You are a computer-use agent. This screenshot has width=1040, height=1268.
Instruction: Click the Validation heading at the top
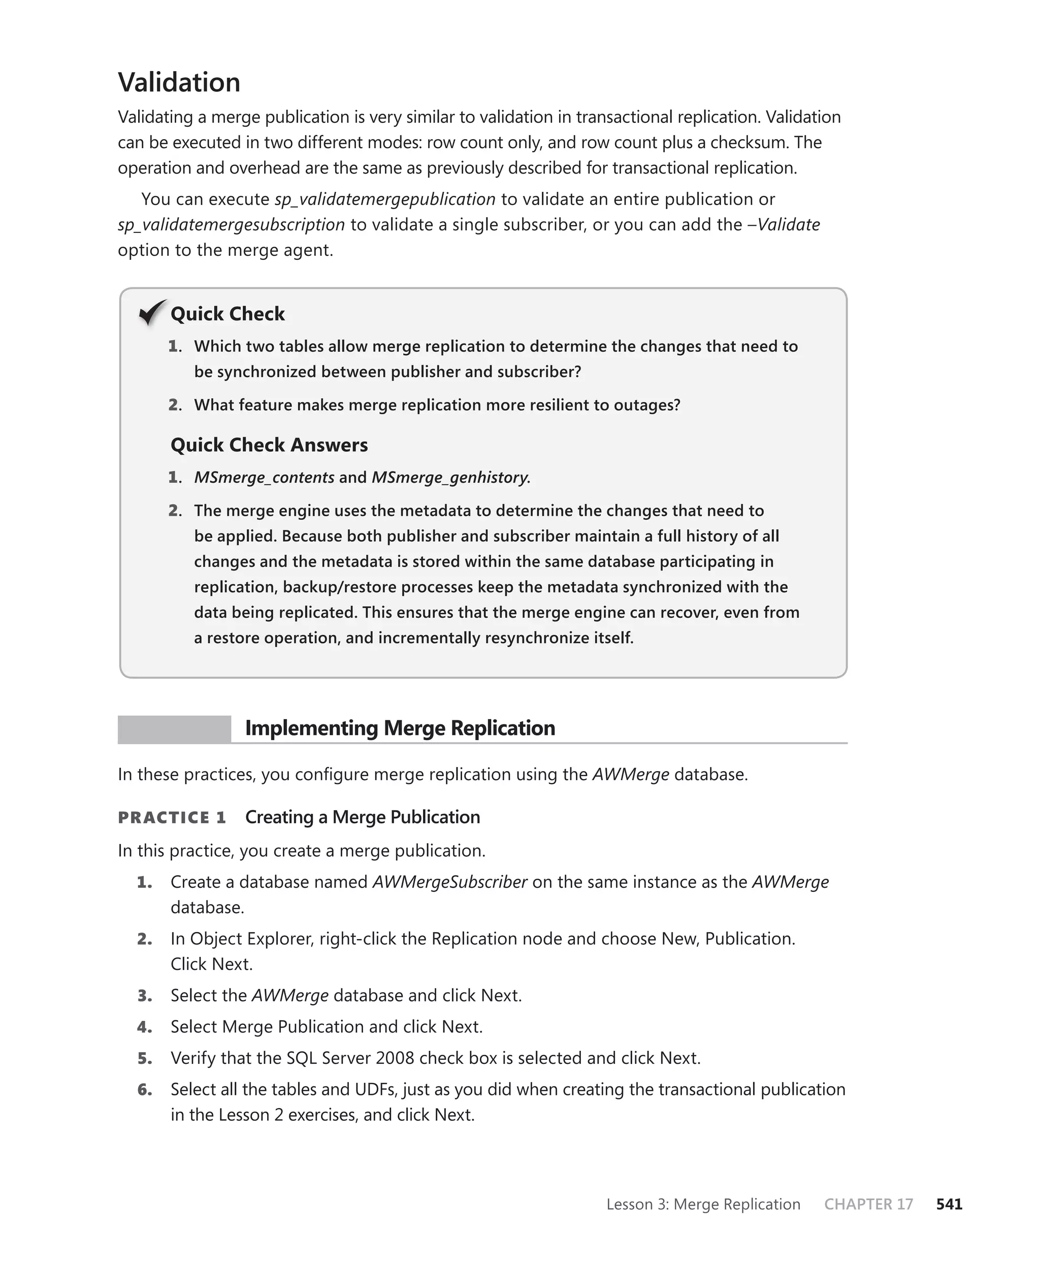tap(179, 82)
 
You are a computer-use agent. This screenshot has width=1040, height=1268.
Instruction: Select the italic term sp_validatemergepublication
tap(384, 199)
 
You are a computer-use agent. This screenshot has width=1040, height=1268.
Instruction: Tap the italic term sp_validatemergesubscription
tap(231, 225)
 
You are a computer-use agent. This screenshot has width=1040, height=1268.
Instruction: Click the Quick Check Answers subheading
tap(269, 445)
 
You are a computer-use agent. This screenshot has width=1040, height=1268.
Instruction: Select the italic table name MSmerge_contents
tap(264, 478)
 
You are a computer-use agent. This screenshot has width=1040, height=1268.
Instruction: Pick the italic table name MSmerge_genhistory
tap(450, 478)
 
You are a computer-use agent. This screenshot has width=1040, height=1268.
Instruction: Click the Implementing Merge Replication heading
tap(400, 728)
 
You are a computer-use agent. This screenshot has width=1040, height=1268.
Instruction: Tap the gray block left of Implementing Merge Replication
tap(174, 729)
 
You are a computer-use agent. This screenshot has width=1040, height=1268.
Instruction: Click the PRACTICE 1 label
tap(172, 818)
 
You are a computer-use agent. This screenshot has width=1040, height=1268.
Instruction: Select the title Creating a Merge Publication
tap(363, 817)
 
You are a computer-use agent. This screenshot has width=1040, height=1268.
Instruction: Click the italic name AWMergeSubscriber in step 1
tap(449, 882)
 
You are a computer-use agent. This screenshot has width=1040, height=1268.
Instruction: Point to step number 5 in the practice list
tap(144, 1058)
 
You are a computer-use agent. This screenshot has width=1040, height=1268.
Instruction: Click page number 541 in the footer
tap(949, 1204)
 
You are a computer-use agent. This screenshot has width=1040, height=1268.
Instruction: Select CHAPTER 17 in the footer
tap(868, 1204)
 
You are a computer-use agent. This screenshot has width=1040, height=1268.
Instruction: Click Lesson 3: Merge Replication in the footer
tap(703, 1204)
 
